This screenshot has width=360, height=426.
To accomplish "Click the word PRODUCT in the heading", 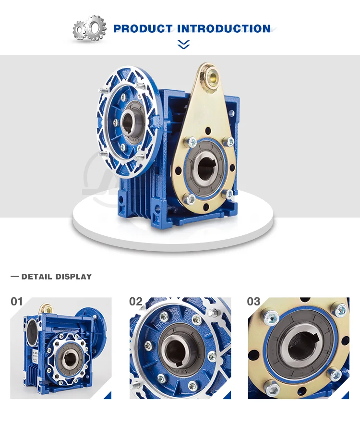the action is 143,28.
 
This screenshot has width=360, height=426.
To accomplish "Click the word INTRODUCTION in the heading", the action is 224,28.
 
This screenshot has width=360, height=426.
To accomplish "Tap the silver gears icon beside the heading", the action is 89,28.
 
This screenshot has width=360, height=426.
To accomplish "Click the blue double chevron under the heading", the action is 183,44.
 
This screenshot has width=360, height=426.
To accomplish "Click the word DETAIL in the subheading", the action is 36,277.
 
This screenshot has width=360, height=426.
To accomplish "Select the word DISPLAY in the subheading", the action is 73,277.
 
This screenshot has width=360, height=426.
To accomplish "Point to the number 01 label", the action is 17,302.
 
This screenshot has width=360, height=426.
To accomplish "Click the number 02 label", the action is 136,302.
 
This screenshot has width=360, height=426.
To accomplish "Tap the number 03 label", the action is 253,302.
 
